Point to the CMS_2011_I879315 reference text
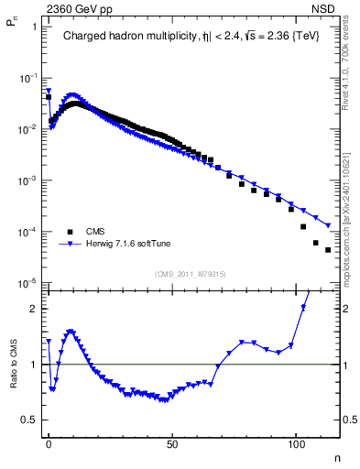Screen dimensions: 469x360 pyautogui.click(x=190, y=273)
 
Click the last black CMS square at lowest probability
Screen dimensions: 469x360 pyautogui.click(x=327, y=249)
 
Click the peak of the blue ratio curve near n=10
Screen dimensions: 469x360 pyautogui.click(x=71, y=331)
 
